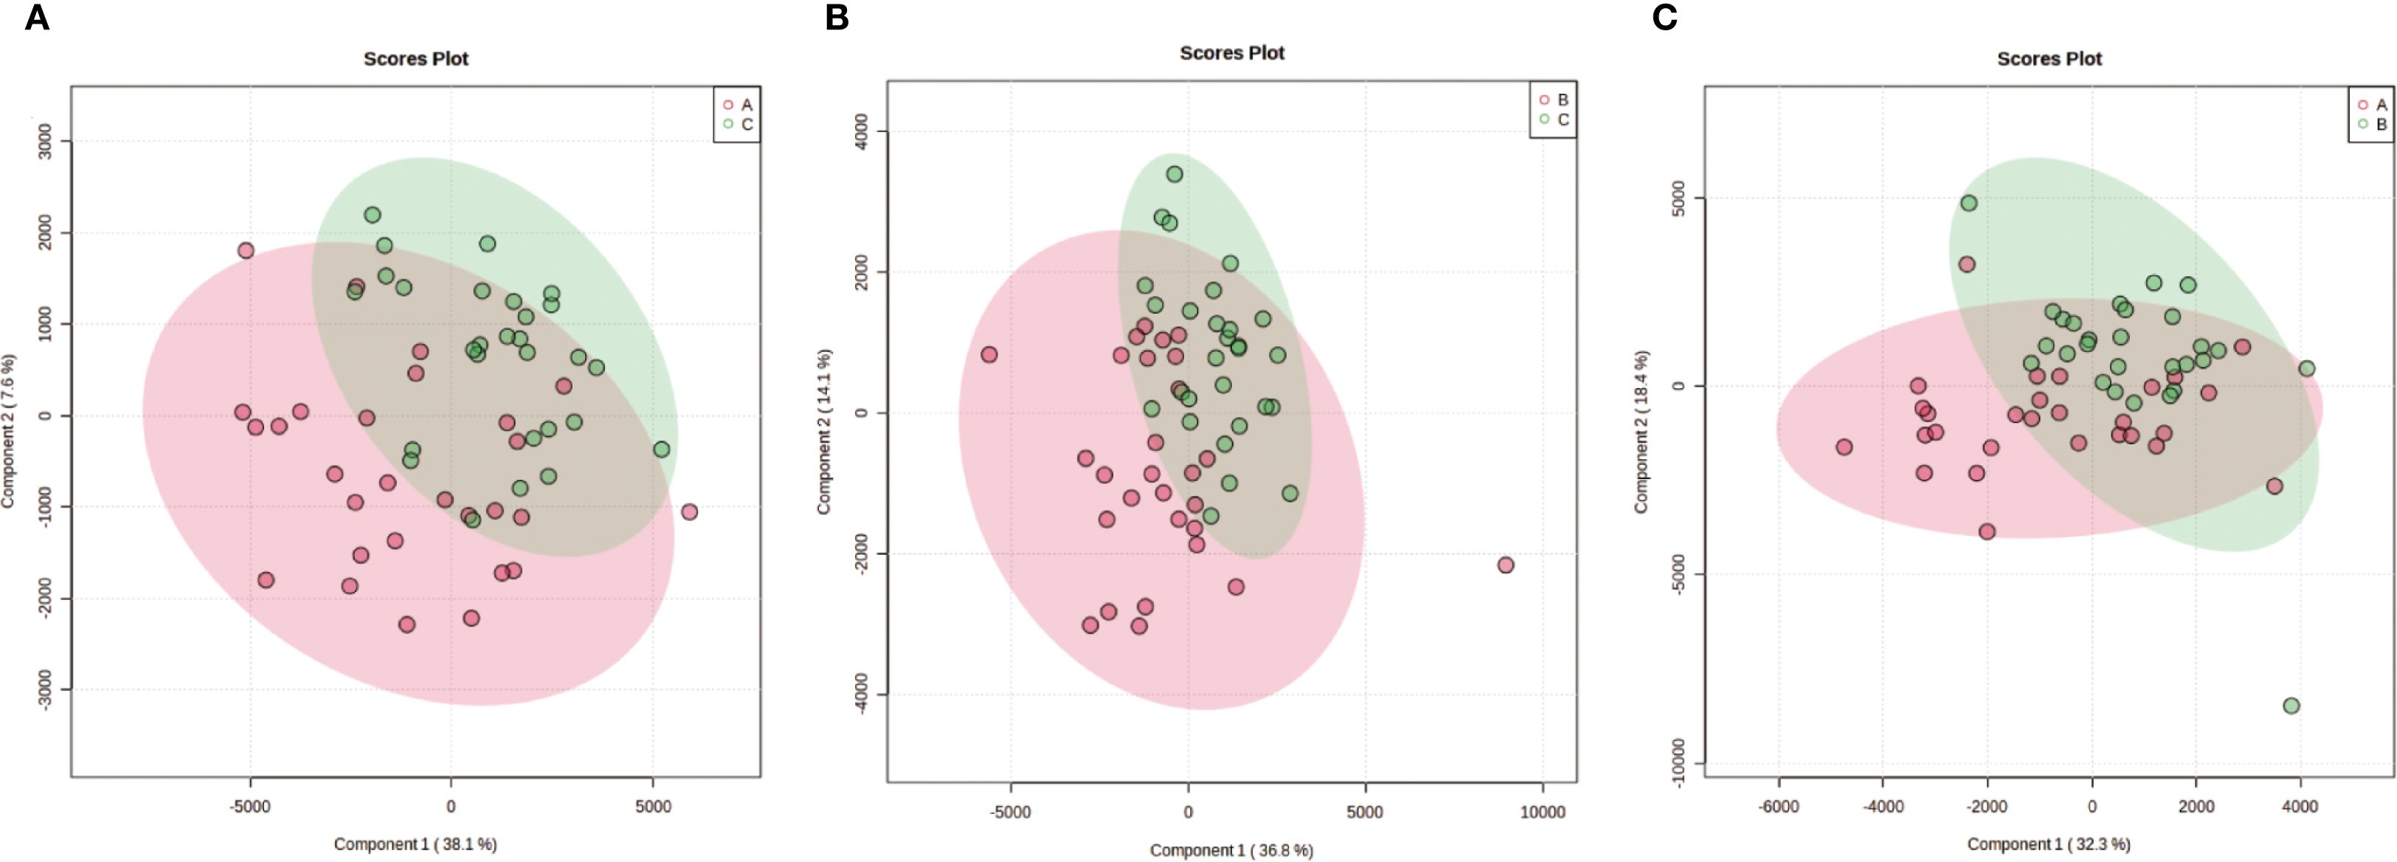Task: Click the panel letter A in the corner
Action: [x=36, y=18]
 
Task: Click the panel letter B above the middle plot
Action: [x=837, y=18]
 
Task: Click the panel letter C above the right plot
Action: [x=1664, y=18]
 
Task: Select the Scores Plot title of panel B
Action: [x=1231, y=53]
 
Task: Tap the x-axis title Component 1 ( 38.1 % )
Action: [x=415, y=844]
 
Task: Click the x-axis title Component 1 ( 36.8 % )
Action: [x=1231, y=850]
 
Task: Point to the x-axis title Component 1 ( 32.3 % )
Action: [x=2048, y=844]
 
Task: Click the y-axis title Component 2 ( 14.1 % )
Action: [x=823, y=431]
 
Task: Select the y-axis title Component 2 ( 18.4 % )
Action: [x=1641, y=431]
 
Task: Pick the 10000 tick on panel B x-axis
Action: [x=1542, y=812]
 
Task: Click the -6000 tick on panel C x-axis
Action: [x=1778, y=806]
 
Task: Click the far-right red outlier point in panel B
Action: [x=1506, y=565]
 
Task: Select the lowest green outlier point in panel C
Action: [x=2291, y=706]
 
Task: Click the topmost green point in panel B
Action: [x=1175, y=174]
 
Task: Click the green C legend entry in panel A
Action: [x=738, y=124]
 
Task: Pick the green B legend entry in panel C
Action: [x=2372, y=124]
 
